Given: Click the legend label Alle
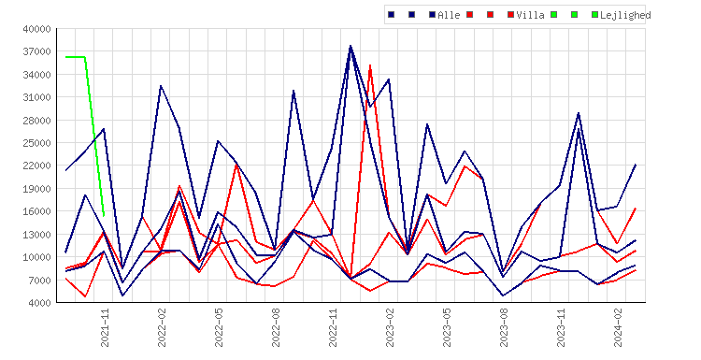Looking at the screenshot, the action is (449, 15).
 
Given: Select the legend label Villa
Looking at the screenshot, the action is (530, 15).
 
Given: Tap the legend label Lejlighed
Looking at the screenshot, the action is (625, 15).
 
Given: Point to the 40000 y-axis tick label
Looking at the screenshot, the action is (36, 30).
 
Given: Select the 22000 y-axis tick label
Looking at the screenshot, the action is (36, 166).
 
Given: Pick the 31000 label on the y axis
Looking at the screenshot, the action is (36, 97).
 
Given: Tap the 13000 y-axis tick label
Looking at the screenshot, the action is (36, 235).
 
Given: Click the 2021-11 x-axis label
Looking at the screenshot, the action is (105, 327).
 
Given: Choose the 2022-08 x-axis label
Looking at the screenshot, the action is (276, 327).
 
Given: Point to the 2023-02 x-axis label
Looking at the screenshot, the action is (390, 327).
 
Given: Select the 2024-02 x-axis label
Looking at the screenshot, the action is (618, 327).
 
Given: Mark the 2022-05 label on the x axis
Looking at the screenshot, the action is (219, 327).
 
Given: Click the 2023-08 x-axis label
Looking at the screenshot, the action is (504, 327).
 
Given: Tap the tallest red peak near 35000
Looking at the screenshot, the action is (370, 65).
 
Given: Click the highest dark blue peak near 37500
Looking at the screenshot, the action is (350, 46).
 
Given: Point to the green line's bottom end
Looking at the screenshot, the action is (104, 216).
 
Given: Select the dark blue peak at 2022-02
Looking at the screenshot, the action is (161, 86).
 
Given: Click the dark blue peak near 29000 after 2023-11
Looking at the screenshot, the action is (579, 113).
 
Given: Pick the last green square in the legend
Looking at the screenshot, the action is (594, 15).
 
